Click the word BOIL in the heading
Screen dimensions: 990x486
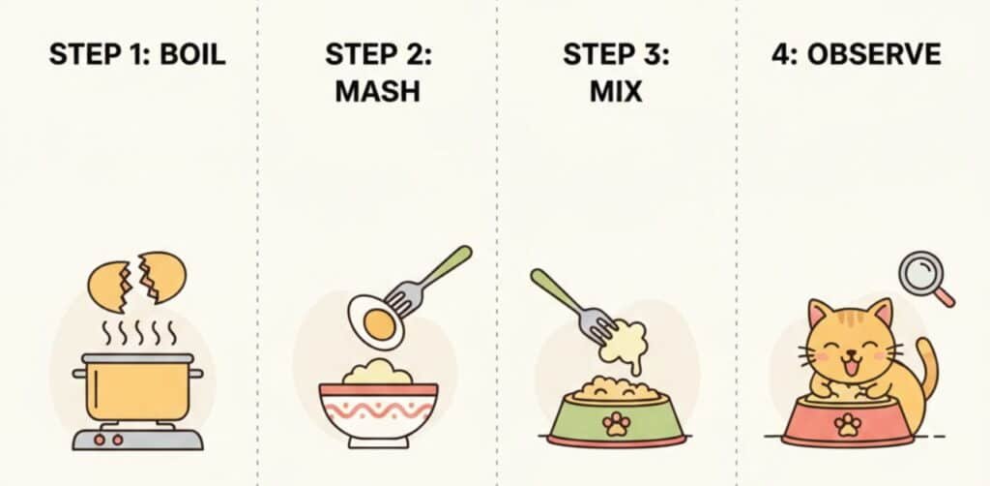coord(192,55)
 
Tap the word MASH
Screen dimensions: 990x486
coord(378,92)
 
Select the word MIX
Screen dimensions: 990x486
coord(616,92)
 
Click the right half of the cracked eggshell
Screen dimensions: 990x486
coord(162,277)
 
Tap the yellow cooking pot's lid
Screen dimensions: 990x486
coord(138,358)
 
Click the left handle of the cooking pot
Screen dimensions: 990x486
coord(79,374)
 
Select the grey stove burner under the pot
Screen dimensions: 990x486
coord(137,439)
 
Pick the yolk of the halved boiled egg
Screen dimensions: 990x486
coord(379,323)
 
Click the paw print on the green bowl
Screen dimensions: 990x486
coord(616,423)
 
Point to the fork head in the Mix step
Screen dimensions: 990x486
coord(597,323)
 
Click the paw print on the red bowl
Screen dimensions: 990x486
coord(847,424)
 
